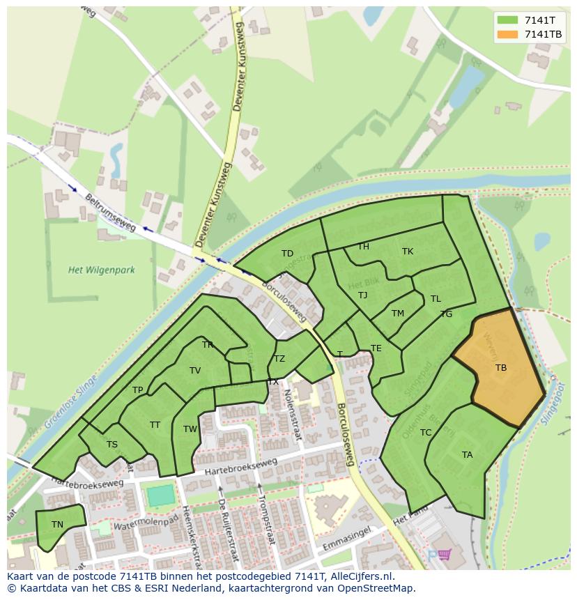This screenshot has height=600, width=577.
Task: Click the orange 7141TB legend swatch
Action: pos(509,34)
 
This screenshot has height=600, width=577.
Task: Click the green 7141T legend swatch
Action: pos(509,20)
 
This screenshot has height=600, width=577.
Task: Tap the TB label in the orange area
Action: pos(500,368)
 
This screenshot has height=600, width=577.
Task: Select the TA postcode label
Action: pos(467,455)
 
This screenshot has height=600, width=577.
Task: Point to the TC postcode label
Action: pos(426,433)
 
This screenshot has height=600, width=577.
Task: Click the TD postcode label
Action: pos(287,254)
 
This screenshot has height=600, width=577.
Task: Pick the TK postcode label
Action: pos(408,252)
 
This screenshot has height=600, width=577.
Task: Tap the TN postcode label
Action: pos(57,525)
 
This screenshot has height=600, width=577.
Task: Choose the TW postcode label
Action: pos(190,429)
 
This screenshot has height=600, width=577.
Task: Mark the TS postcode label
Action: pos(111,445)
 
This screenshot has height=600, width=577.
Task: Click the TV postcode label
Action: pos(195,371)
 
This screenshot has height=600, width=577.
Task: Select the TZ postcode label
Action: pos(279,360)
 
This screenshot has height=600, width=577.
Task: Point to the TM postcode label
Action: pos(398,314)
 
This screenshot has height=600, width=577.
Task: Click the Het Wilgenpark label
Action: pos(102,270)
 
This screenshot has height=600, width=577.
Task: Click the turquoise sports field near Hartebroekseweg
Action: pos(160,495)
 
